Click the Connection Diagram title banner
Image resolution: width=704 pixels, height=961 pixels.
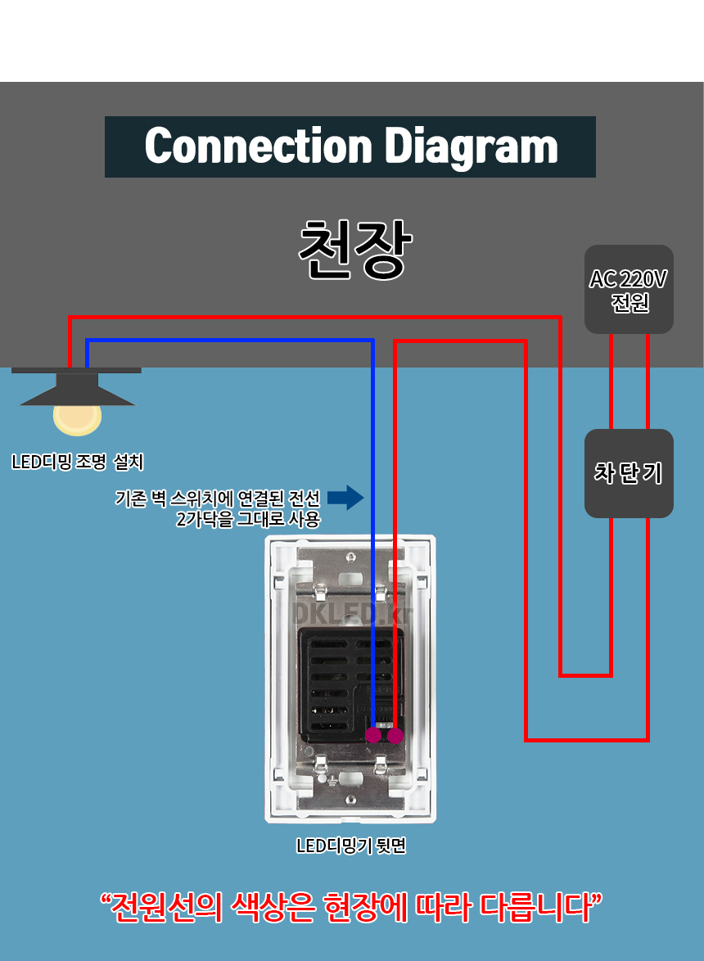point(350,147)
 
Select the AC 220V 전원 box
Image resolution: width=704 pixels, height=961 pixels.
point(629,289)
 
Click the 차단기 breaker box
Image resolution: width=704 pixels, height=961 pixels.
point(629,473)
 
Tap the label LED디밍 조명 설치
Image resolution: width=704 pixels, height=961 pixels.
point(78,462)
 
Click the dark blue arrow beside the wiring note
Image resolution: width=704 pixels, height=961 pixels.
point(345,497)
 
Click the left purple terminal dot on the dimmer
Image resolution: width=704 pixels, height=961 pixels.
point(373,736)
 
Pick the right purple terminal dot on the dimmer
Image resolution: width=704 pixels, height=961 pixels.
point(396,736)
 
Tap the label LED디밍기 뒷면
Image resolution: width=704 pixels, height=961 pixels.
point(351,846)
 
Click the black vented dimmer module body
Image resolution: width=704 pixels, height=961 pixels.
point(336,679)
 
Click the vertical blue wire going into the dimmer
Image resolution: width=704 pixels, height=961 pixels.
point(372,532)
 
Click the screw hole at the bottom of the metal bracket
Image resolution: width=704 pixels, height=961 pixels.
point(350,800)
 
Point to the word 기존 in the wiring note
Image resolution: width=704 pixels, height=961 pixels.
point(131,498)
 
